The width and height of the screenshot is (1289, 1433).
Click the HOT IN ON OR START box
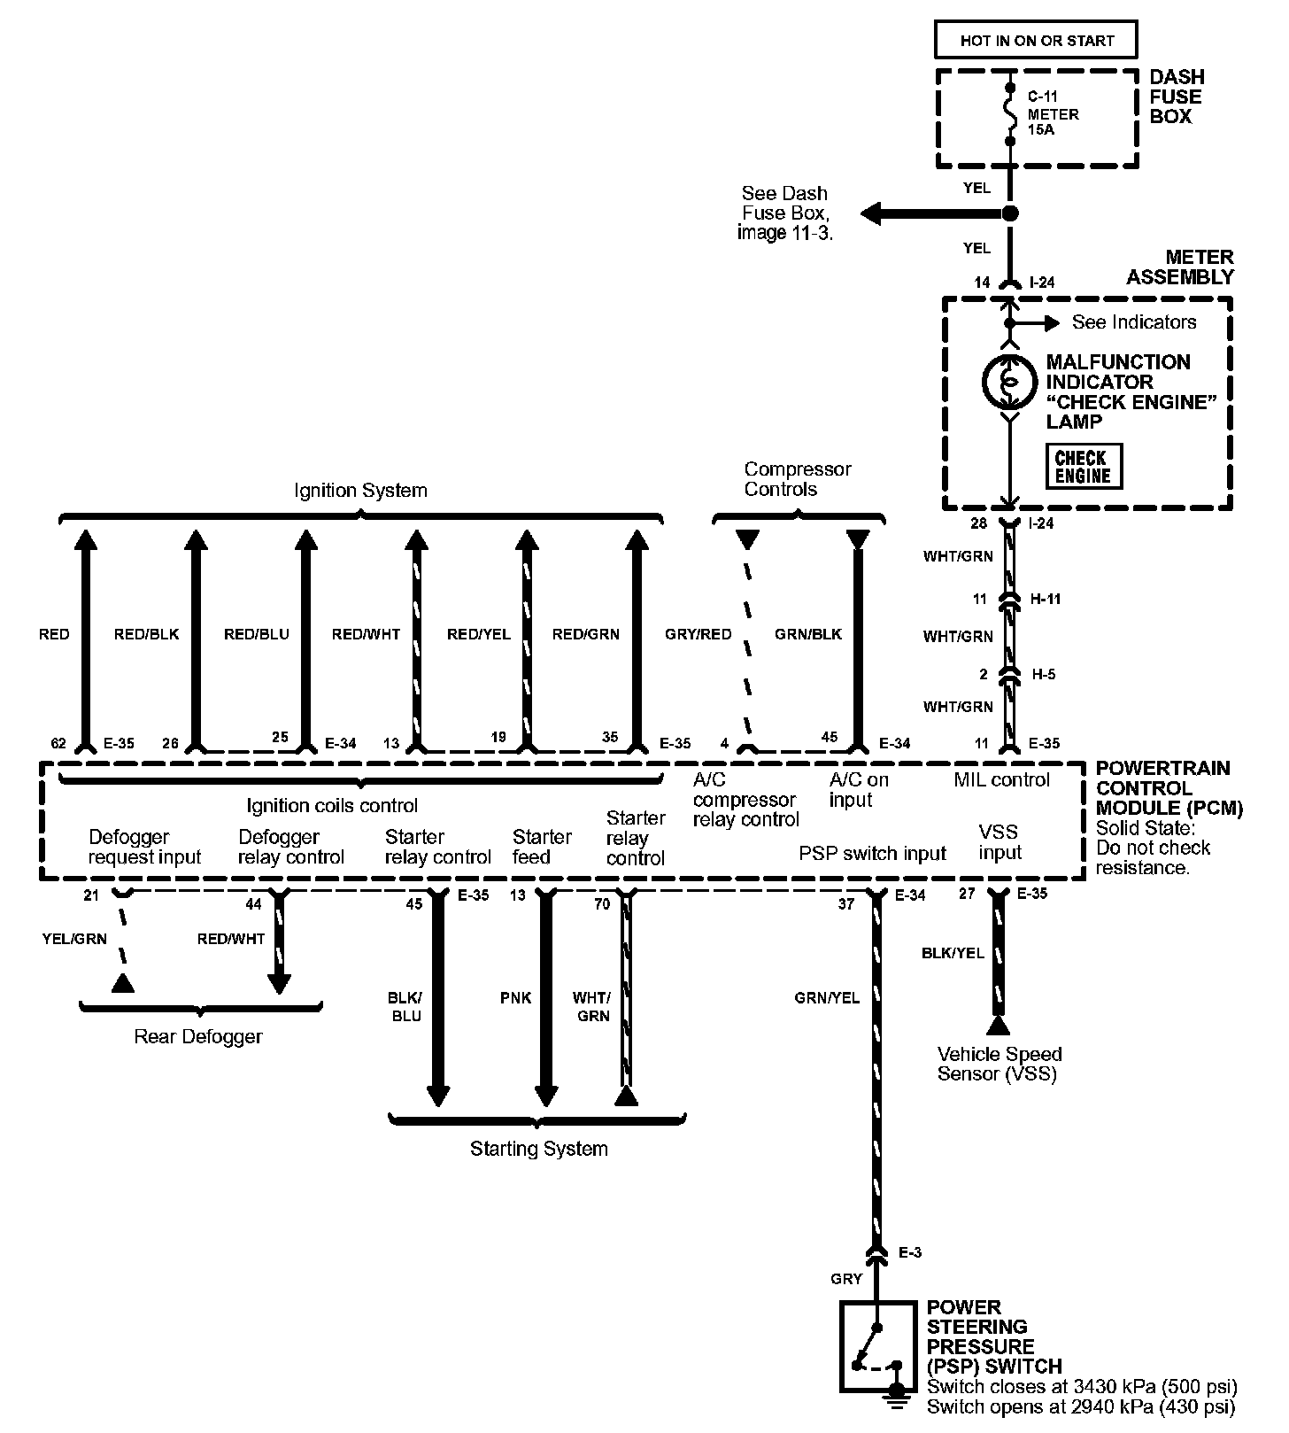tap(1036, 41)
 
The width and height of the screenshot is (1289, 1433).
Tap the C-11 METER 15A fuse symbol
tap(1010, 113)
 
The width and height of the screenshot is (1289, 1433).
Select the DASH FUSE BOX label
tap(1176, 97)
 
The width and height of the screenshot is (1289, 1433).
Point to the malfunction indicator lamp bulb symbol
tap(1008, 382)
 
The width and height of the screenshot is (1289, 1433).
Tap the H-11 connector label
tap(1046, 599)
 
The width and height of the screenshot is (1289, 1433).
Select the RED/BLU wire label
tap(256, 634)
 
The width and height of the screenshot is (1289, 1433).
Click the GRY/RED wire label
tap(698, 634)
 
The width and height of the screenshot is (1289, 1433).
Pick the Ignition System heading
tap(360, 491)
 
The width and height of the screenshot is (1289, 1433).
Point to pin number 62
tap(58, 743)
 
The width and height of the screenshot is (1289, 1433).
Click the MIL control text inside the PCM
tap(1001, 780)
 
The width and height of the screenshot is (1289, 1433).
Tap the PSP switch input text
tap(872, 854)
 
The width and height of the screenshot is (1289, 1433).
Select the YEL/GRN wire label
tap(74, 939)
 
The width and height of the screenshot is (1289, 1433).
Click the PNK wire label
tap(515, 998)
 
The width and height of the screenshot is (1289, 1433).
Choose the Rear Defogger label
tap(198, 1036)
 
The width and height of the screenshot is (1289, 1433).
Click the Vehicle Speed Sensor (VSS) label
tap(999, 1064)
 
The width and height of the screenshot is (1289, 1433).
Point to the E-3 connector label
tap(910, 1252)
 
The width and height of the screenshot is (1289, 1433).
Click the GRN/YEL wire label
tap(827, 998)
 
